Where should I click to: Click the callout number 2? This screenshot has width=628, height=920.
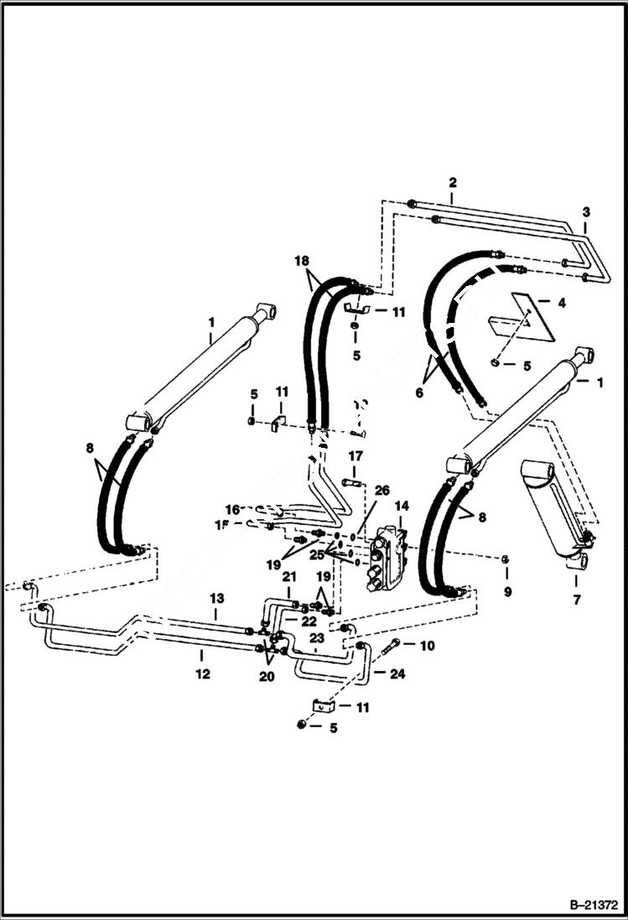click(x=453, y=182)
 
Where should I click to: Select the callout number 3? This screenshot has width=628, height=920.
click(x=586, y=212)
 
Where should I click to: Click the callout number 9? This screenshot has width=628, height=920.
click(x=506, y=591)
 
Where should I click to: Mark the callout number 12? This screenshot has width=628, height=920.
click(x=201, y=673)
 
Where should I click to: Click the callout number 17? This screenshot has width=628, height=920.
click(x=356, y=456)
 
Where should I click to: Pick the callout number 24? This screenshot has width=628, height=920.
click(x=397, y=673)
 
